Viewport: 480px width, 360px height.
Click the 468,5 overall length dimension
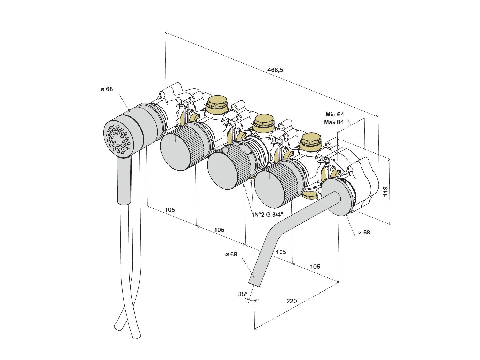click(275, 70)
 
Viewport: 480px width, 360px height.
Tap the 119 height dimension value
click(385, 191)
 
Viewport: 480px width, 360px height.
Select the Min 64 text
click(335, 115)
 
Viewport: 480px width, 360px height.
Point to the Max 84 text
click(334, 122)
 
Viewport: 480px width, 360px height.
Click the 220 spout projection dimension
click(292, 301)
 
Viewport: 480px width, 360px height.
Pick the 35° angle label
click(243, 294)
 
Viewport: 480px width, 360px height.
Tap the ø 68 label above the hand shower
click(107, 89)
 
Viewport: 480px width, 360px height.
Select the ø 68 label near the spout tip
click(231, 255)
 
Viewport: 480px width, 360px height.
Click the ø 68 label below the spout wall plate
click(364, 233)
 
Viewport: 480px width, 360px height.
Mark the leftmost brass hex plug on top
click(216, 104)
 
